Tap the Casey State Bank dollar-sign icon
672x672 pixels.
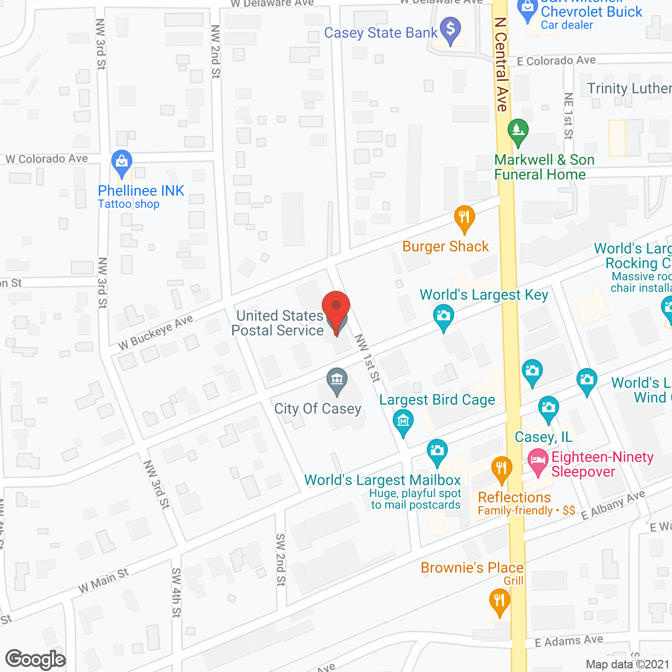(x=450, y=30)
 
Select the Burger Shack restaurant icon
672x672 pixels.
(x=464, y=217)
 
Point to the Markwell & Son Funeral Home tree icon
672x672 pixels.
(x=518, y=131)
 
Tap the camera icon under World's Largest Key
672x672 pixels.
(x=444, y=317)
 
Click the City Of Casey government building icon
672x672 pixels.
(x=337, y=380)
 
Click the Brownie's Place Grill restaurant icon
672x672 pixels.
(x=499, y=601)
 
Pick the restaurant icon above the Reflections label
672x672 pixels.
(x=501, y=468)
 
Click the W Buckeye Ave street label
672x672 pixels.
(x=155, y=332)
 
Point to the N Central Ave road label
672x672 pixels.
(x=501, y=65)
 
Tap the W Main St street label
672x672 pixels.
(x=103, y=581)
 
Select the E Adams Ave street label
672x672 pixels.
(x=569, y=641)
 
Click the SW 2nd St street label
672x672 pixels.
(x=281, y=560)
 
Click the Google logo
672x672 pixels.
(x=36, y=659)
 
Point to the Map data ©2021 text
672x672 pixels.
(x=627, y=665)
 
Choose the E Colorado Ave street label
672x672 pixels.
(x=556, y=61)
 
